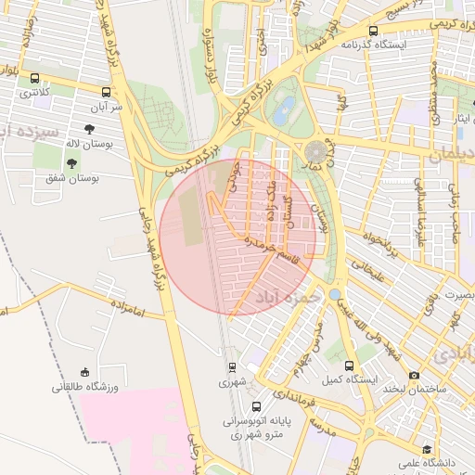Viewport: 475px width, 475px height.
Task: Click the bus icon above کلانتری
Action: [x=35, y=79]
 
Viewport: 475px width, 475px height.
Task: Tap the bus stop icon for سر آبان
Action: [x=107, y=93]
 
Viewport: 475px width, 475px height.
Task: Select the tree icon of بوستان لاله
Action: [x=89, y=130]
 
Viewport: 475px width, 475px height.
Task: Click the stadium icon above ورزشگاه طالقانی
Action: [x=85, y=371]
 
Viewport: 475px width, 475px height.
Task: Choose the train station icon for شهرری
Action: [x=232, y=366]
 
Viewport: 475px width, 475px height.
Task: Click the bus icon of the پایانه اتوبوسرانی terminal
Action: [x=257, y=406]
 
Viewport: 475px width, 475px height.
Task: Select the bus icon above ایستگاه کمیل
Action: [x=350, y=366]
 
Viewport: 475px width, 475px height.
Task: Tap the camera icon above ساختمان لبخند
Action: [x=414, y=376]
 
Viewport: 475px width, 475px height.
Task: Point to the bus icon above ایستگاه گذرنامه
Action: [x=372, y=31]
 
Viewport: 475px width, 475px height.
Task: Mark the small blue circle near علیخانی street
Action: [x=334, y=294]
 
